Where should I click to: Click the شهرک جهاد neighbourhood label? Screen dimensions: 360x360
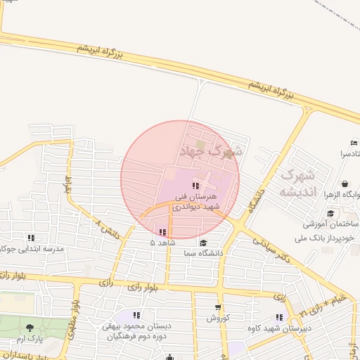(211, 150)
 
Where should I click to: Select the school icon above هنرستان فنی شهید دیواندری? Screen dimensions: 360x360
(195, 185)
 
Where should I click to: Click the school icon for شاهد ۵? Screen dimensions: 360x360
(162, 232)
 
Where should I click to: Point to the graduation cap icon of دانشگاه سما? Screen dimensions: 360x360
(203, 243)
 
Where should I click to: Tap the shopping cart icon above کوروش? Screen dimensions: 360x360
(218, 307)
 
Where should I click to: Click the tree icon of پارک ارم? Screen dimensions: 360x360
(30, 328)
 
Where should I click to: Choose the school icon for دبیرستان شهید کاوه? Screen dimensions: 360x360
(280, 317)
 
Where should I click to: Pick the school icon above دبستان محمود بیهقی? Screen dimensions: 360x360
(136, 315)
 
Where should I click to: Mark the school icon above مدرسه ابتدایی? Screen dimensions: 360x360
(31, 238)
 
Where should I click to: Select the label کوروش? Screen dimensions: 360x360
(218, 319)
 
